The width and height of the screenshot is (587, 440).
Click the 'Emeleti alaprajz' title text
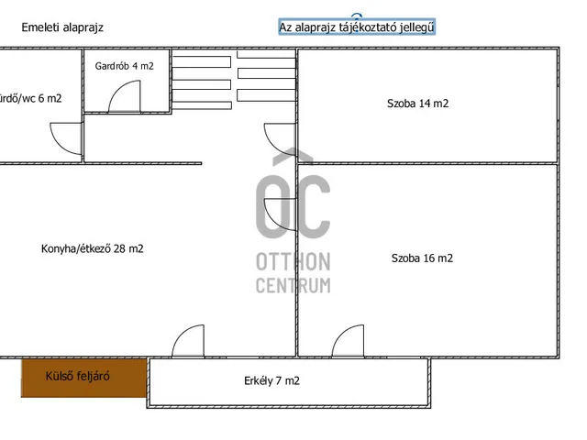(62, 27)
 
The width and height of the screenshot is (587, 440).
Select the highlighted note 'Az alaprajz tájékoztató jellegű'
(357, 27)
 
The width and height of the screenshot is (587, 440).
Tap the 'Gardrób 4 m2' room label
(125, 66)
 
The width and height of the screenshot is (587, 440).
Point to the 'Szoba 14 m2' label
(418, 104)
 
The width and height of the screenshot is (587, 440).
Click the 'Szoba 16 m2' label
(422, 258)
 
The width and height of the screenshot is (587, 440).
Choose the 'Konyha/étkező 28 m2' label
(92, 248)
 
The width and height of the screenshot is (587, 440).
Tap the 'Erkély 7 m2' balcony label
(271, 381)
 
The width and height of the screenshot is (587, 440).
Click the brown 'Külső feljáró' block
(83, 378)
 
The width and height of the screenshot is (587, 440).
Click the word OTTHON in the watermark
(293, 261)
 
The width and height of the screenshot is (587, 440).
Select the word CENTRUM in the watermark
(293, 285)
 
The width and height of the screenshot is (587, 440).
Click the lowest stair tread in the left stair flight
(202, 105)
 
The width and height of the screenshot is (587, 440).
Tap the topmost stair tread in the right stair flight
(267, 54)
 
